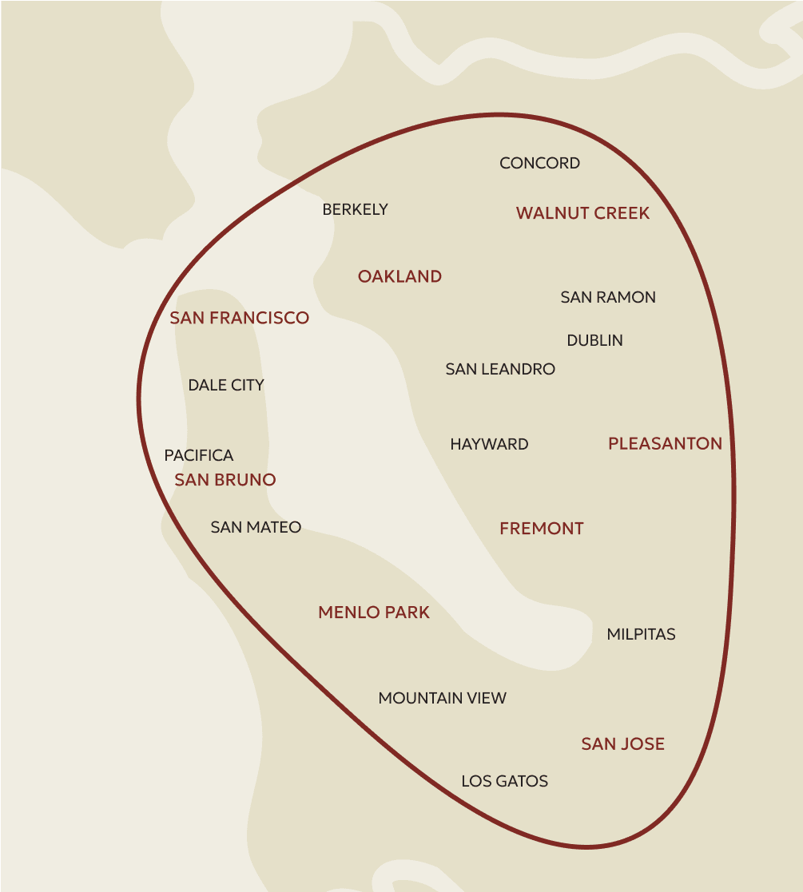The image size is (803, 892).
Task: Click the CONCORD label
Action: click(x=539, y=164)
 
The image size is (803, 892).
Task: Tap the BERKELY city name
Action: click(x=355, y=210)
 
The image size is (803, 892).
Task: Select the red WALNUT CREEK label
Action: click(x=582, y=213)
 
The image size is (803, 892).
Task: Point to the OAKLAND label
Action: click(x=400, y=277)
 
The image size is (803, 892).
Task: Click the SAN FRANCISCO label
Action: click(x=239, y=319)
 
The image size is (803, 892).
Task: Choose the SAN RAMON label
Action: click(x=608, y=298)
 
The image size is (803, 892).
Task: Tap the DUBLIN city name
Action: click(x=594, y=341)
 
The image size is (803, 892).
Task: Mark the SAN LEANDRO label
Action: click(x=500, y=370)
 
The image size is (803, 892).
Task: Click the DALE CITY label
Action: click(x=226, y=386)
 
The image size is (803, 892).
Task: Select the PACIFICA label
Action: click(x=199, y=456)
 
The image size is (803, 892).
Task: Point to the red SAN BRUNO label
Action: click(x=225, y=480)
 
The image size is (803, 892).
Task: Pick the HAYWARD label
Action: click(x=489, y=445)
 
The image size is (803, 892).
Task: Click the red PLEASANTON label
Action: click(x=665, y=444)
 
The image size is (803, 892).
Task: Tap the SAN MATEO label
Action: click(x=256, y=528)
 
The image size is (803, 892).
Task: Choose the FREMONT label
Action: click(x=542, y=529)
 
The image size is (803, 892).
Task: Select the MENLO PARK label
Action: click(x=374, y=613)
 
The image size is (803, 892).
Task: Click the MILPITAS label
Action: click(x=641, y=635)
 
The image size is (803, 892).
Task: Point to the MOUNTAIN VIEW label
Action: click(x=442, y=699)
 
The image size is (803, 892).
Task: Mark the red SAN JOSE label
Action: click(x=622, y=744)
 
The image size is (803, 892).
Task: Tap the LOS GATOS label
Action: click(x=504, y=782)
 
